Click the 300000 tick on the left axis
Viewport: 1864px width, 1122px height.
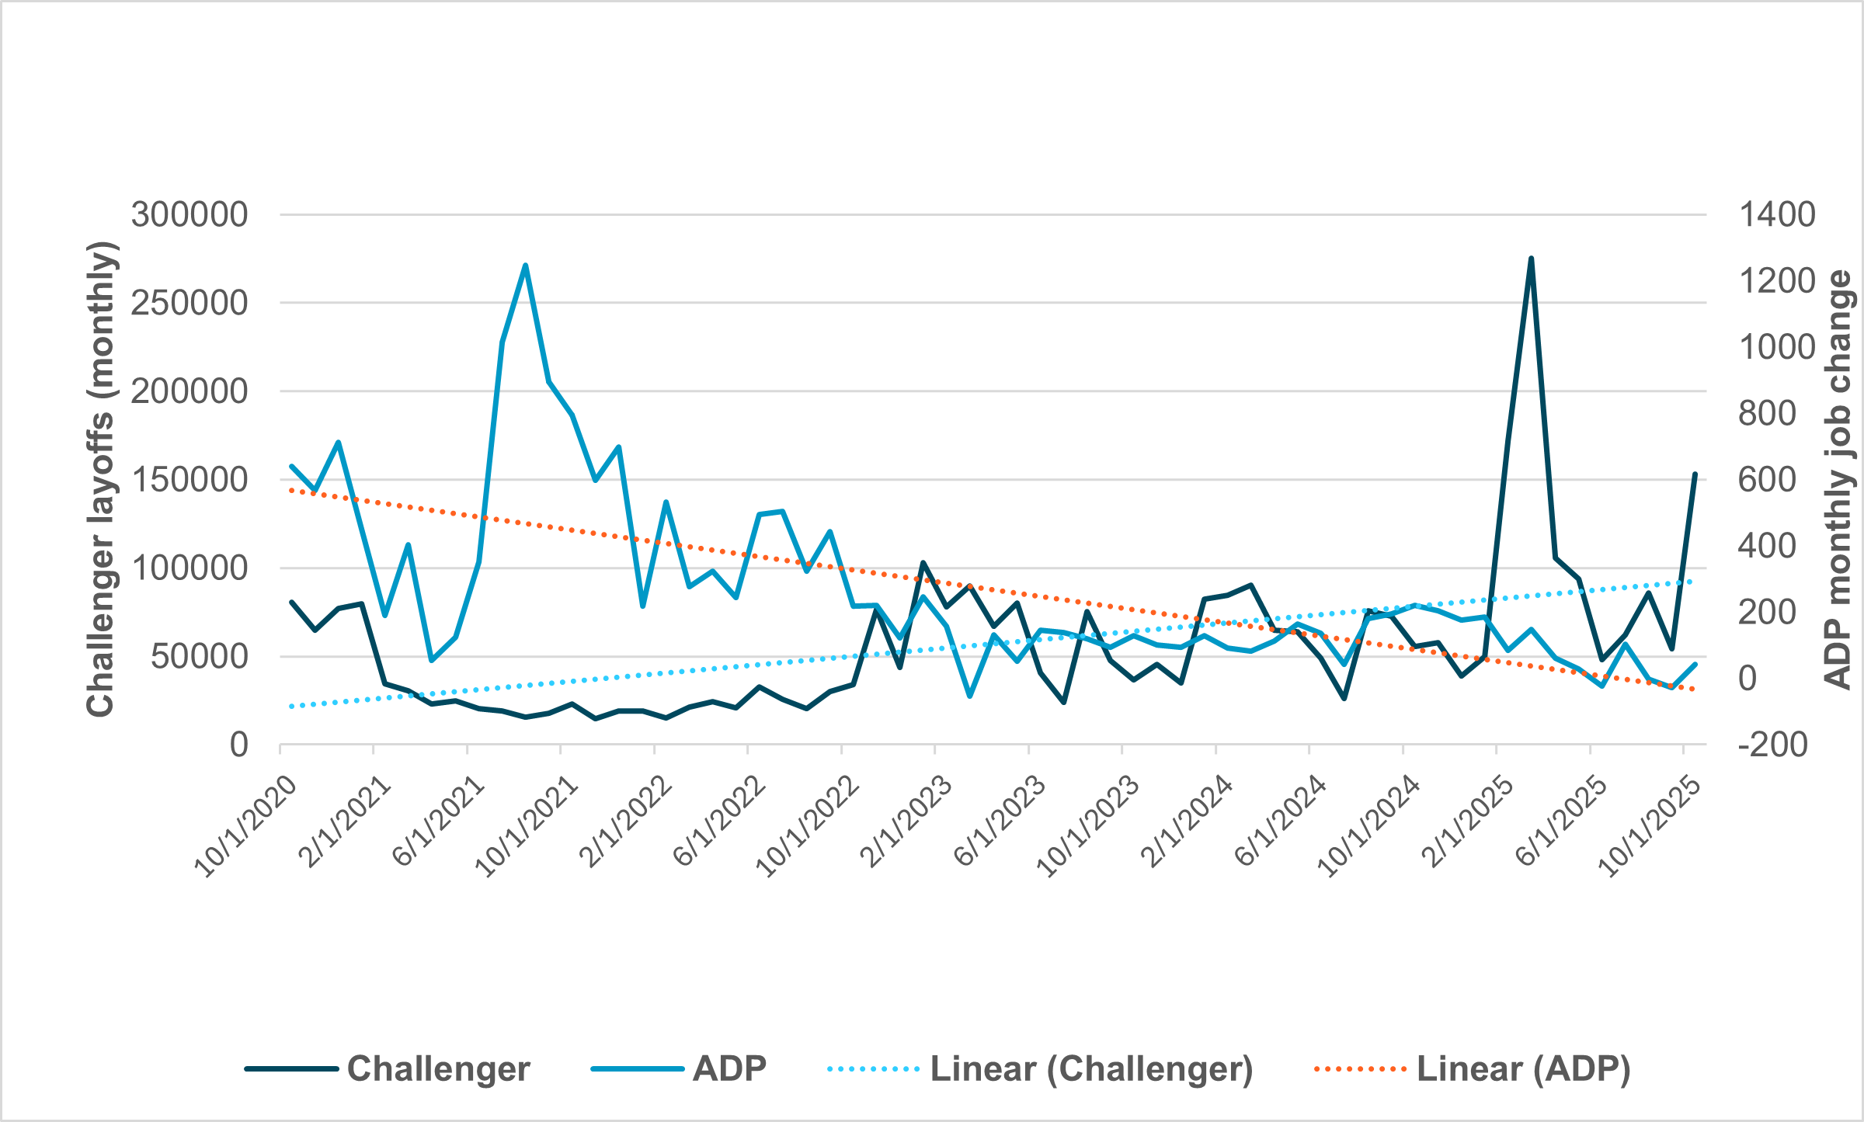[189, 214]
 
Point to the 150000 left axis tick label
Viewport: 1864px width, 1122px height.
[189, 480]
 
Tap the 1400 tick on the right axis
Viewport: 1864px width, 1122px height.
[1777, 214]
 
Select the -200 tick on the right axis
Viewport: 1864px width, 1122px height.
[1773, 745]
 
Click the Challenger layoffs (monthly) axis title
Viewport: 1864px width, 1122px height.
[101, 479]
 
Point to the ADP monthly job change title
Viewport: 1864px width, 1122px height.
[1838, 479]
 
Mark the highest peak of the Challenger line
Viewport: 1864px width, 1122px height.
[1531, 258]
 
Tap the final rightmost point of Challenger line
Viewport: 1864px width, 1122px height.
[1695, 474]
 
